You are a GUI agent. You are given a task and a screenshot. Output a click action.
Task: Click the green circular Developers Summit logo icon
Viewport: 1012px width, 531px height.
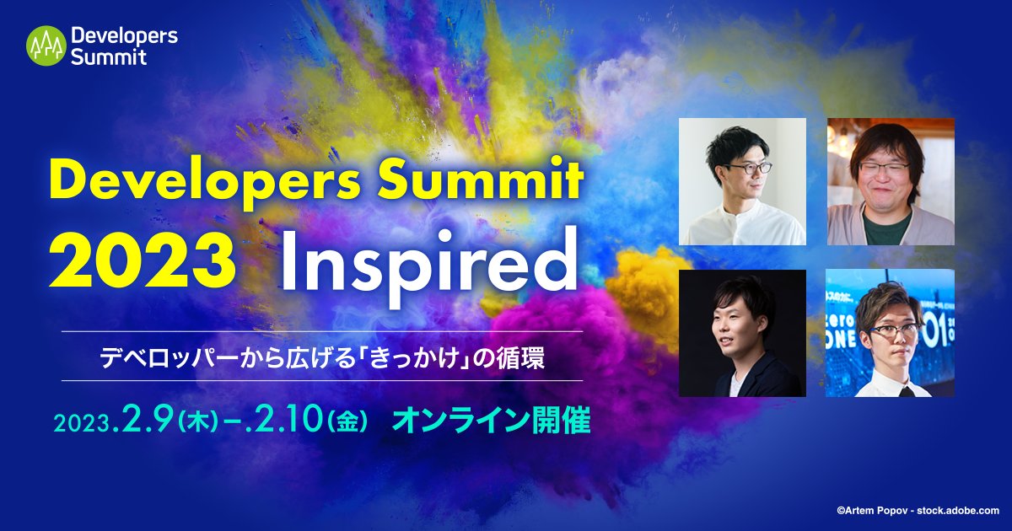pyautogui.click(x=46, y=46)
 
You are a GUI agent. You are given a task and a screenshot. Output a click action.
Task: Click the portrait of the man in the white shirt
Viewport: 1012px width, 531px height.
pyautogui.click(x=742, y=181)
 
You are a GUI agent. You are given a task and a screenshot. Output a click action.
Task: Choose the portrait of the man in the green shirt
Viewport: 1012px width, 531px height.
pyautogui.click(x=891, y=181)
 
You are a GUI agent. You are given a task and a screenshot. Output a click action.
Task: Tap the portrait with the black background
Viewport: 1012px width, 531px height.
pyautogui.click(x=742, y=333)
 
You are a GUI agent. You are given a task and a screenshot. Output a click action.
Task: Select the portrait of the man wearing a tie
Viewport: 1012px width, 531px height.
pyautogui.click(x=891, y=333)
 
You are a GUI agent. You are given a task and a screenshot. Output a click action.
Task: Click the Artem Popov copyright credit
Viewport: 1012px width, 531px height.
pyautogui.click(x=918, y=510)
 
